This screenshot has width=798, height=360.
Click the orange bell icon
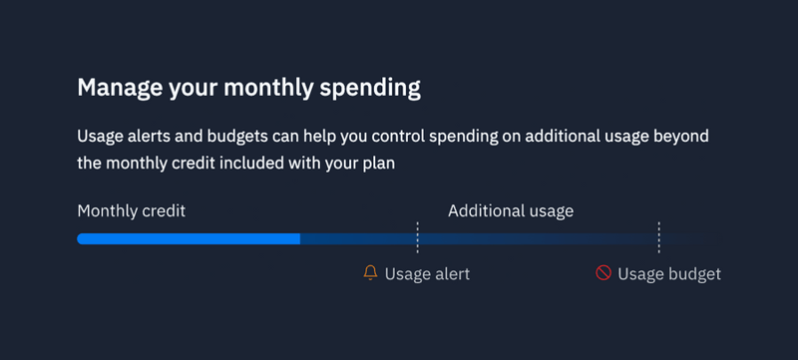pyautogui.click(x=371, y=273)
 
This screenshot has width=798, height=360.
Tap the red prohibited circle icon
pyautogui.click(x=603, y=273)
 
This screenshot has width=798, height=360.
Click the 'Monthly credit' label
pyautogui.click(x=132, y=211)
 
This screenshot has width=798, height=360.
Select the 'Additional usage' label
pyautogui.click(x=511, y=211)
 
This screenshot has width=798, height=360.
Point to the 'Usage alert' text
pyautogui.click(x=427, y=274)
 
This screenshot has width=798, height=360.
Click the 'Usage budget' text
pyautogui.click(x=669, y=274)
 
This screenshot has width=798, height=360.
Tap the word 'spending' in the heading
pyautogui.click(x=371, y=88)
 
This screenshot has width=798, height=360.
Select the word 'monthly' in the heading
pyautogui.click(x=267, y=88)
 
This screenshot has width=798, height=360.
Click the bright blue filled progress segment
pyautogui.click(x=190, y=239)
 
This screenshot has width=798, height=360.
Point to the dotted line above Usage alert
pyautogui.click(x=417, y=238)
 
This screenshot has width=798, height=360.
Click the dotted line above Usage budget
pyautogui.click(x=658, y=238)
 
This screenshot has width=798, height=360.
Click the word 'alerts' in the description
pyautogui.click(x=151, y=137)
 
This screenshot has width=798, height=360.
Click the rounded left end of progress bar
pyautogui.click(x=82, y=239)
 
